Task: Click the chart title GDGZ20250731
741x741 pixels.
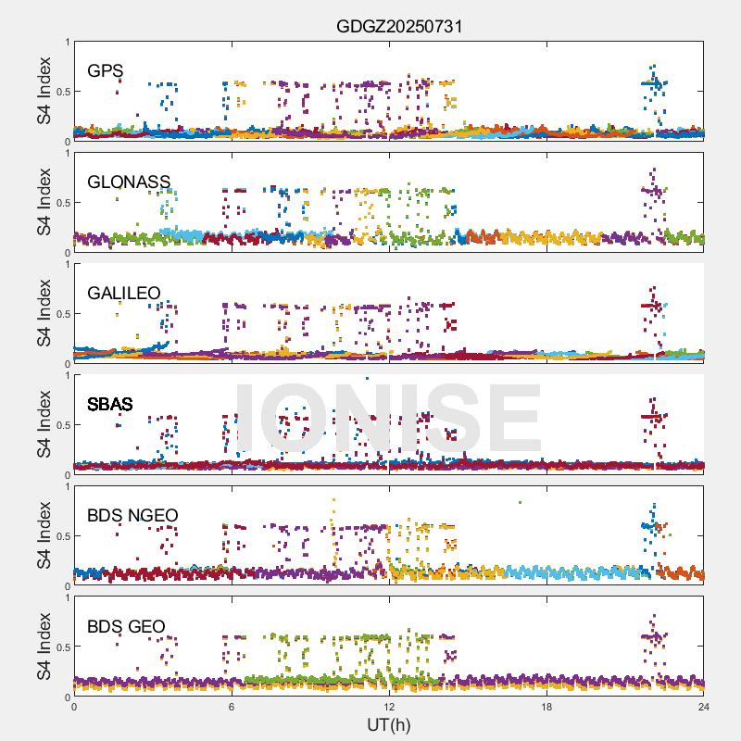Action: coord(398,26)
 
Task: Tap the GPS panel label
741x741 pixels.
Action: coord(106,70)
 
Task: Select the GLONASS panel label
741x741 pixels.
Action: coord(129,182)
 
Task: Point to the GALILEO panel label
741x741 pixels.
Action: coord(124,293)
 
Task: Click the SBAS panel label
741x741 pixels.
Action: coord(109,404)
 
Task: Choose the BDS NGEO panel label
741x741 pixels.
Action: coord(132,515)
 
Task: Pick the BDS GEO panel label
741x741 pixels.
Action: coord(126,627)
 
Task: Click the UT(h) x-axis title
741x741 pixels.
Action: coord(389,724)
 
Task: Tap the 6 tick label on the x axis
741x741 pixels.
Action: coord(232,707)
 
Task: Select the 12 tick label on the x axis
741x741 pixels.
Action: coord(389,707)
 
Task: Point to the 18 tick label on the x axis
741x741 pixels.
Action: coord(546,707)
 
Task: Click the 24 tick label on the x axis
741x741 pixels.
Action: coord(704,707)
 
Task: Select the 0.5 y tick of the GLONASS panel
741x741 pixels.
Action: coord(60,203)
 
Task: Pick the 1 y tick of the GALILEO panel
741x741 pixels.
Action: coord(66,264)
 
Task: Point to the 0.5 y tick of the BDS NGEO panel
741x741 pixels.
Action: coord(60,536)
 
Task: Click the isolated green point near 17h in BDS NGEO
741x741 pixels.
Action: coord(521,502)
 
